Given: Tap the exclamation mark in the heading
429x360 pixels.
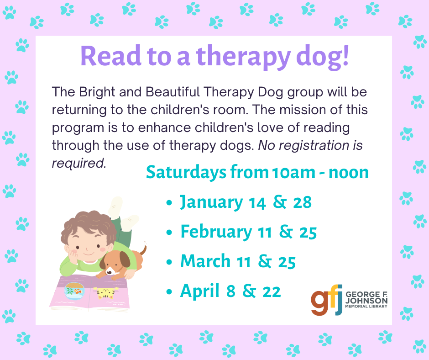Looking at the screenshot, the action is click(345, 55).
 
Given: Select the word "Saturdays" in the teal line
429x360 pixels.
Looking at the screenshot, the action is click(186, 172).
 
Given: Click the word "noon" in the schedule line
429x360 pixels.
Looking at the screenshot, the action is click(349, 173).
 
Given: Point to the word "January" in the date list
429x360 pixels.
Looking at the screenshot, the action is click(211, 202).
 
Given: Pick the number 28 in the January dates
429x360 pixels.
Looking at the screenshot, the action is click(302, 202).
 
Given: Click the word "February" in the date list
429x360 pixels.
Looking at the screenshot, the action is click(216, 232).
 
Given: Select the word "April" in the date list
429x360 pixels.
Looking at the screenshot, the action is click(200, 291).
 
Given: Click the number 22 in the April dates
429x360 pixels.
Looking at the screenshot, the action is click(272, 291).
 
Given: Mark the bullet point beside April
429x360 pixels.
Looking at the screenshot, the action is click(169, 291).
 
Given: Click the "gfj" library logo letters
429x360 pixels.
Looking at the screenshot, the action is click(327, 300).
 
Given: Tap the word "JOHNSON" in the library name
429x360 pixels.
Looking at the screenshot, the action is click(366, 301).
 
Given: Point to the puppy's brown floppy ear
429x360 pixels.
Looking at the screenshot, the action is click(125, 259).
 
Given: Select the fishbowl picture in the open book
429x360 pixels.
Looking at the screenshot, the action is click(74, 291).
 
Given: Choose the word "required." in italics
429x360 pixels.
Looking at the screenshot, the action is click(79, 164).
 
